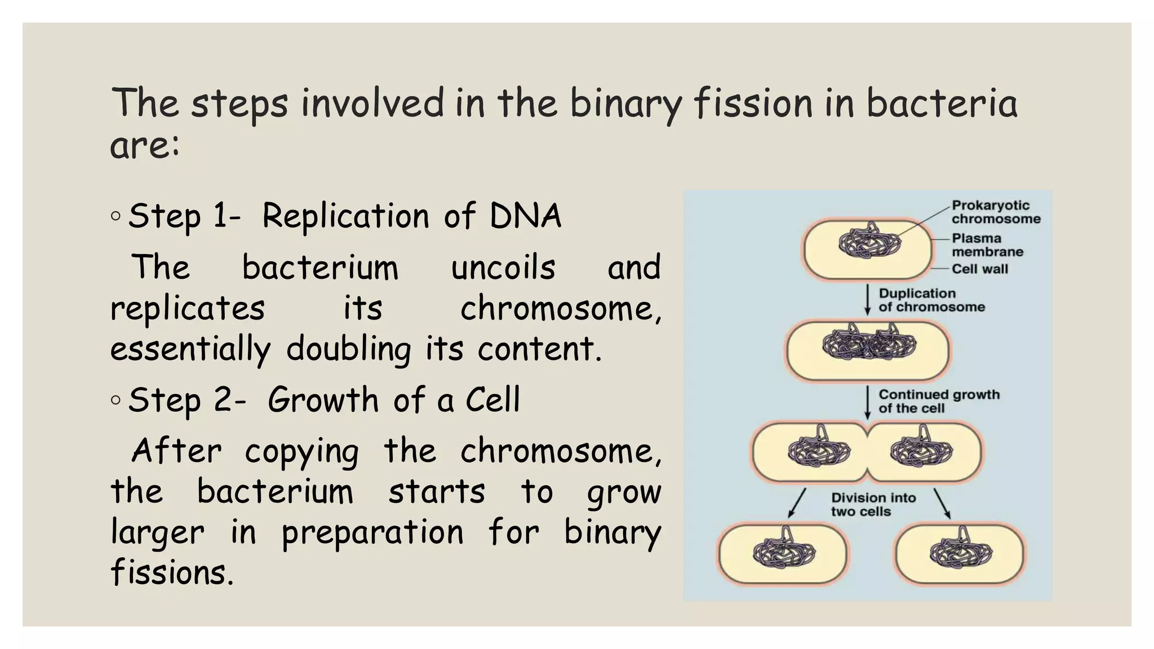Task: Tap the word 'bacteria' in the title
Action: pos(942,104)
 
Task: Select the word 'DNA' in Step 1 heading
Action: pos(525,216)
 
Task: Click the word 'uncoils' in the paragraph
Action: pos(503,268)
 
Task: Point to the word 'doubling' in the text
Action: pos(348,349)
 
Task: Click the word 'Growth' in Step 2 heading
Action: pos(323,401)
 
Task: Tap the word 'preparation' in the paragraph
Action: pos(372,533)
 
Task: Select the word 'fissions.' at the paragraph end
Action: pos(172,573)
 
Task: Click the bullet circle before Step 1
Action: pos(116,216)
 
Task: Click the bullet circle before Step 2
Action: pos(116,400)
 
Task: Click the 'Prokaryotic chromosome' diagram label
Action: pos(996,212)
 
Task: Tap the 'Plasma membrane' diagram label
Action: pos(987,245)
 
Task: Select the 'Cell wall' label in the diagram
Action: pos(979,269)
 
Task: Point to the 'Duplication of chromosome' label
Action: pos(931,300)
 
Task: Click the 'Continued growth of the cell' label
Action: pos(939,401)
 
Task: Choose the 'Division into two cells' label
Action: pos(873,505)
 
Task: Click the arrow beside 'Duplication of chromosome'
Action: pos(868,300)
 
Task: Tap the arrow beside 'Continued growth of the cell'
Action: pos(868,402)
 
